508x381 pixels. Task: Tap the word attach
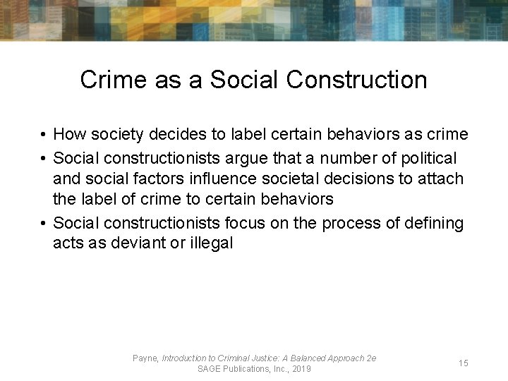(x=442, y=179)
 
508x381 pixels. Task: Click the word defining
(x=436, y=224)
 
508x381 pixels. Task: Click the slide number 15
(x=464, y=363)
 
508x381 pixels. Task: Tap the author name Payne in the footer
(x=145, y=358)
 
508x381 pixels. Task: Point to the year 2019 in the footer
(x=300, y=369)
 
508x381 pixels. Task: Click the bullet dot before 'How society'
(x=44, y=135)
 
